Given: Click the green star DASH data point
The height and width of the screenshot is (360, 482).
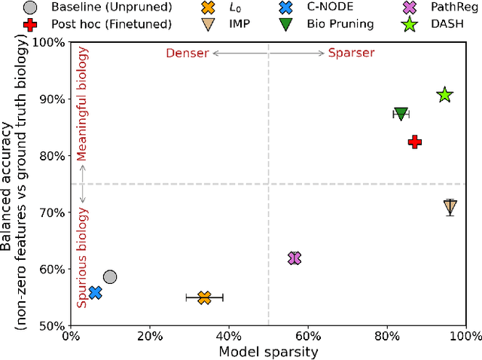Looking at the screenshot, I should pyautogui.click(x=444, y=94).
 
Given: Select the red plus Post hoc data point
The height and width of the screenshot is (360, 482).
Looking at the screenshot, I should pyautogui.click(x=414, y=142).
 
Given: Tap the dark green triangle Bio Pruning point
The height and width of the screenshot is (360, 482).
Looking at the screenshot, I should pyautogui.click(x=401, y=114).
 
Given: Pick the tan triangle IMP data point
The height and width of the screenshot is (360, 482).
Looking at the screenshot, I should pyautogui.click(x=450, y=207).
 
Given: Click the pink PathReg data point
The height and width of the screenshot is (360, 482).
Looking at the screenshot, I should pyautogui.click(x=294, y=258).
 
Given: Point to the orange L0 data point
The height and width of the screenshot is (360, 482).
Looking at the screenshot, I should pyautogui.click(x=204, y=298).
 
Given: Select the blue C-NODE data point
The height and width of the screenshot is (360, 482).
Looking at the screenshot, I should pyautogui.click(x=95, y=292).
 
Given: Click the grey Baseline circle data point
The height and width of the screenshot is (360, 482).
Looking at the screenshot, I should pyautogui.click(x=110, y=277).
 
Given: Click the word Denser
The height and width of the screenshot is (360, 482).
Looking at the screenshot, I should pyautogui.click(x=188, y=53).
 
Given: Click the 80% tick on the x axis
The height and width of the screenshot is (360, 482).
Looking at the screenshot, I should pyautogui.click(x=387, y=334).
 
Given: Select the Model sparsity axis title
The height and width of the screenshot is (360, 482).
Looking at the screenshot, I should pyautogui.click(x=269, y=351).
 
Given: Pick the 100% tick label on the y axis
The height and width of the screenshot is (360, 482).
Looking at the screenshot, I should pyautogui.click(x=50, y=42).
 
